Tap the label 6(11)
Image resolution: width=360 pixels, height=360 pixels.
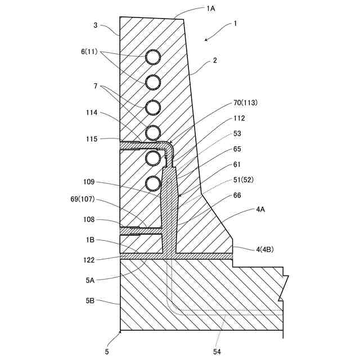point(89,52)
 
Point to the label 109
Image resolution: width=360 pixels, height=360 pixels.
point(89,182)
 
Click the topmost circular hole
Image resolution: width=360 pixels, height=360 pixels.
point(154,57)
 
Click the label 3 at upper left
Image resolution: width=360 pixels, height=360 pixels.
point(96,25)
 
